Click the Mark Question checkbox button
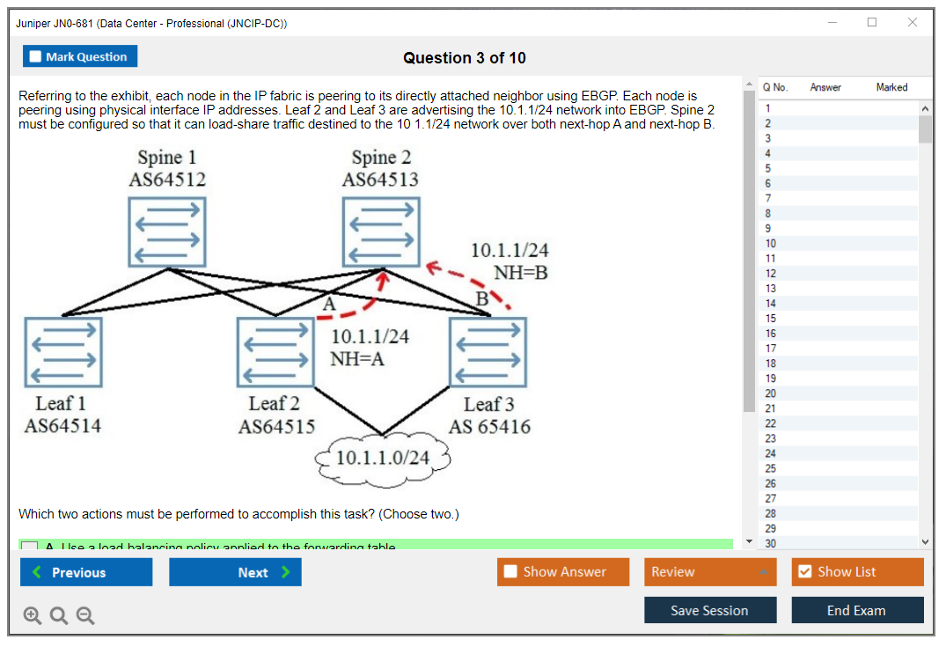(x=80, y=56)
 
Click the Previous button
(x=86, y=572)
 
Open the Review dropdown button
(x=710, y=571)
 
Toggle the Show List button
(x=857, y=571)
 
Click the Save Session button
(x=709, y=610)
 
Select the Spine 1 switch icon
(x=167, y=232)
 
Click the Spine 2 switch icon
(x=381, y=232)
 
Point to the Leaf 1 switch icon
(x=63, y=351)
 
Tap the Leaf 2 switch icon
(x=275, y=351)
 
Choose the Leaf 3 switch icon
(x=488, y=351)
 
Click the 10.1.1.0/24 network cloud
(x=384, y=458)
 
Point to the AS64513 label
(x=380, y=180)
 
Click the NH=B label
(x=520, y=273)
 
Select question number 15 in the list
(x=771, y=319)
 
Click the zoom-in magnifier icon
(x=33, y=616)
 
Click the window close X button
(x=913, y=23)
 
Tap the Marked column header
(x=891, y=87)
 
